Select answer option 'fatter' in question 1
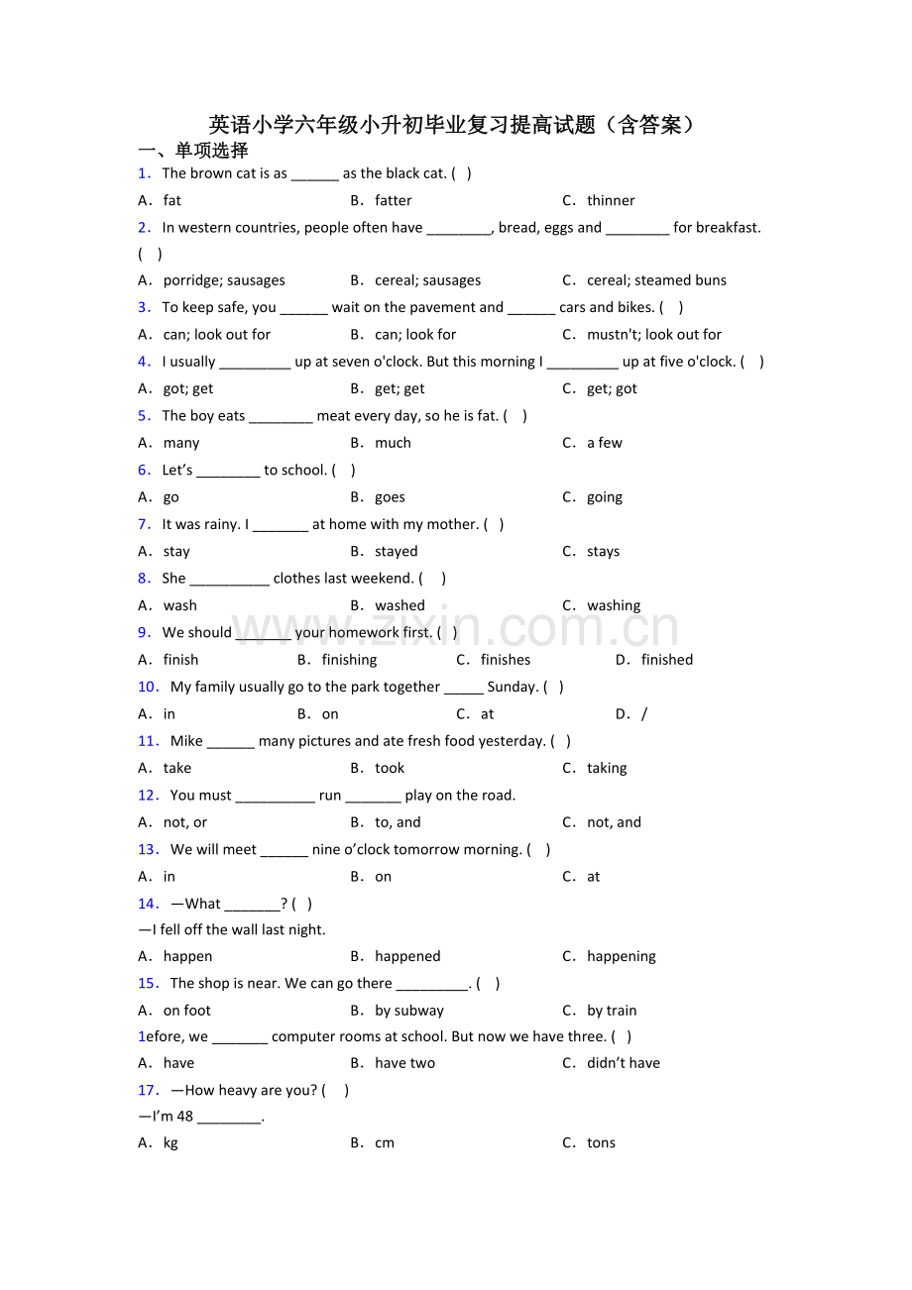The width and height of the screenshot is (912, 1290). (x=393, y=200)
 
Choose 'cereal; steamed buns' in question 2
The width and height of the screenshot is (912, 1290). (x=656, y=280)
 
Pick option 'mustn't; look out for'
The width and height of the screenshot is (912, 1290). (x=653, y=335)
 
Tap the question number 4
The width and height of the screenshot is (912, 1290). (x=144, y=362)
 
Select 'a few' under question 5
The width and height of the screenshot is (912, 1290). (x=604, y=443)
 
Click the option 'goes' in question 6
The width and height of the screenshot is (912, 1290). (x=390, y=497)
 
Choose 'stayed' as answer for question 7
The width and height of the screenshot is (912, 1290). (x=396, y=552)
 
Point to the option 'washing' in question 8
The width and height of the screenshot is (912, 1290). (x=613, y=605)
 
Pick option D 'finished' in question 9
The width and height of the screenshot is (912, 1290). (x=666, y=660)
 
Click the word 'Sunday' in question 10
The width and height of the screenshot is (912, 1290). (x=512, y=687)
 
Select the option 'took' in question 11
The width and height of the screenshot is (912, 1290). (x=390, y=768)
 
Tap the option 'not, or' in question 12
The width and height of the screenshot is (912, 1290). (x=185, y=822)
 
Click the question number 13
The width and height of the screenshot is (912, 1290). (x=149, y=849)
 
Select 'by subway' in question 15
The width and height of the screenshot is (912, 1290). (x=409, y=1011)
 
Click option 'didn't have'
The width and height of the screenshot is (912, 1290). (x=623, y=1063)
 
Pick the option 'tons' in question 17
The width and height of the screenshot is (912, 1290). (x=601, y=1142)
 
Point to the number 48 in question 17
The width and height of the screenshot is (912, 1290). (x=184, y=1117)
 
